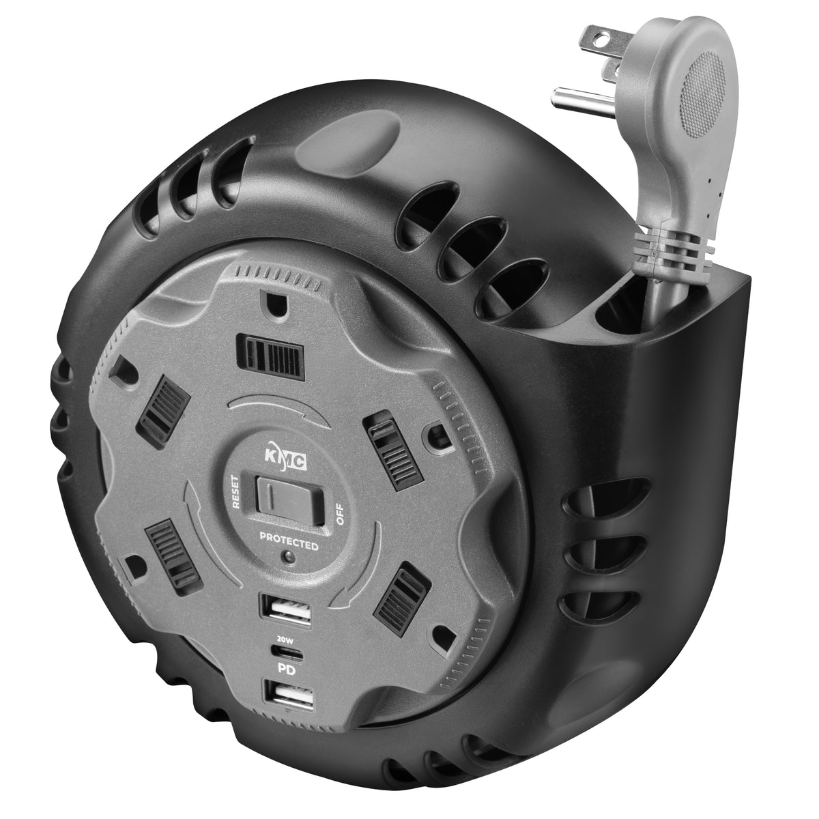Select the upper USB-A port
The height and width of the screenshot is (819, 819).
pos(287,606)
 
